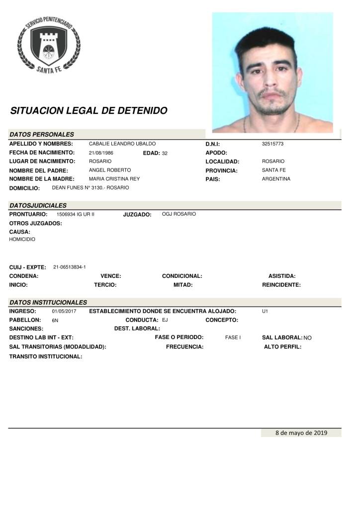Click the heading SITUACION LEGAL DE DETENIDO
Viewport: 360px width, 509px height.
[89, 111]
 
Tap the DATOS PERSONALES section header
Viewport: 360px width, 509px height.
[42, 134]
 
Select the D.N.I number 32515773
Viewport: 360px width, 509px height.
[272, 144]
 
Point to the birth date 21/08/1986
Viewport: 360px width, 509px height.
[101, 153]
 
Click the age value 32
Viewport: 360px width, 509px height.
[165, 153]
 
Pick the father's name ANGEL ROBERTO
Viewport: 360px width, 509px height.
[109, 170]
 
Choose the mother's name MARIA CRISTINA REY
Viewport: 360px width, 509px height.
[114, 179]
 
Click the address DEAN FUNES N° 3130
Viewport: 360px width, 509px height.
[90, 188]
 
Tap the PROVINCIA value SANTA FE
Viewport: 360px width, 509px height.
[274, 170]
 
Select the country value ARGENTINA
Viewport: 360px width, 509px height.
[276, 179]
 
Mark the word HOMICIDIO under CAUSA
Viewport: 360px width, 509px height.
[22, 240]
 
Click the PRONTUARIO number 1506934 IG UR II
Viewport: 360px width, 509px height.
[75, 214]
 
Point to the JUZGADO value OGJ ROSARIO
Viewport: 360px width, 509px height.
[179, 214]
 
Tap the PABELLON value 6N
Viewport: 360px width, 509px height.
[55, 321]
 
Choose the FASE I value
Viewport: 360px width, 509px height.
[233, 338]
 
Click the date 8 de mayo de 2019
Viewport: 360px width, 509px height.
[301, 433]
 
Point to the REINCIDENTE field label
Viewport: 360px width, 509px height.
[281, 285]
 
